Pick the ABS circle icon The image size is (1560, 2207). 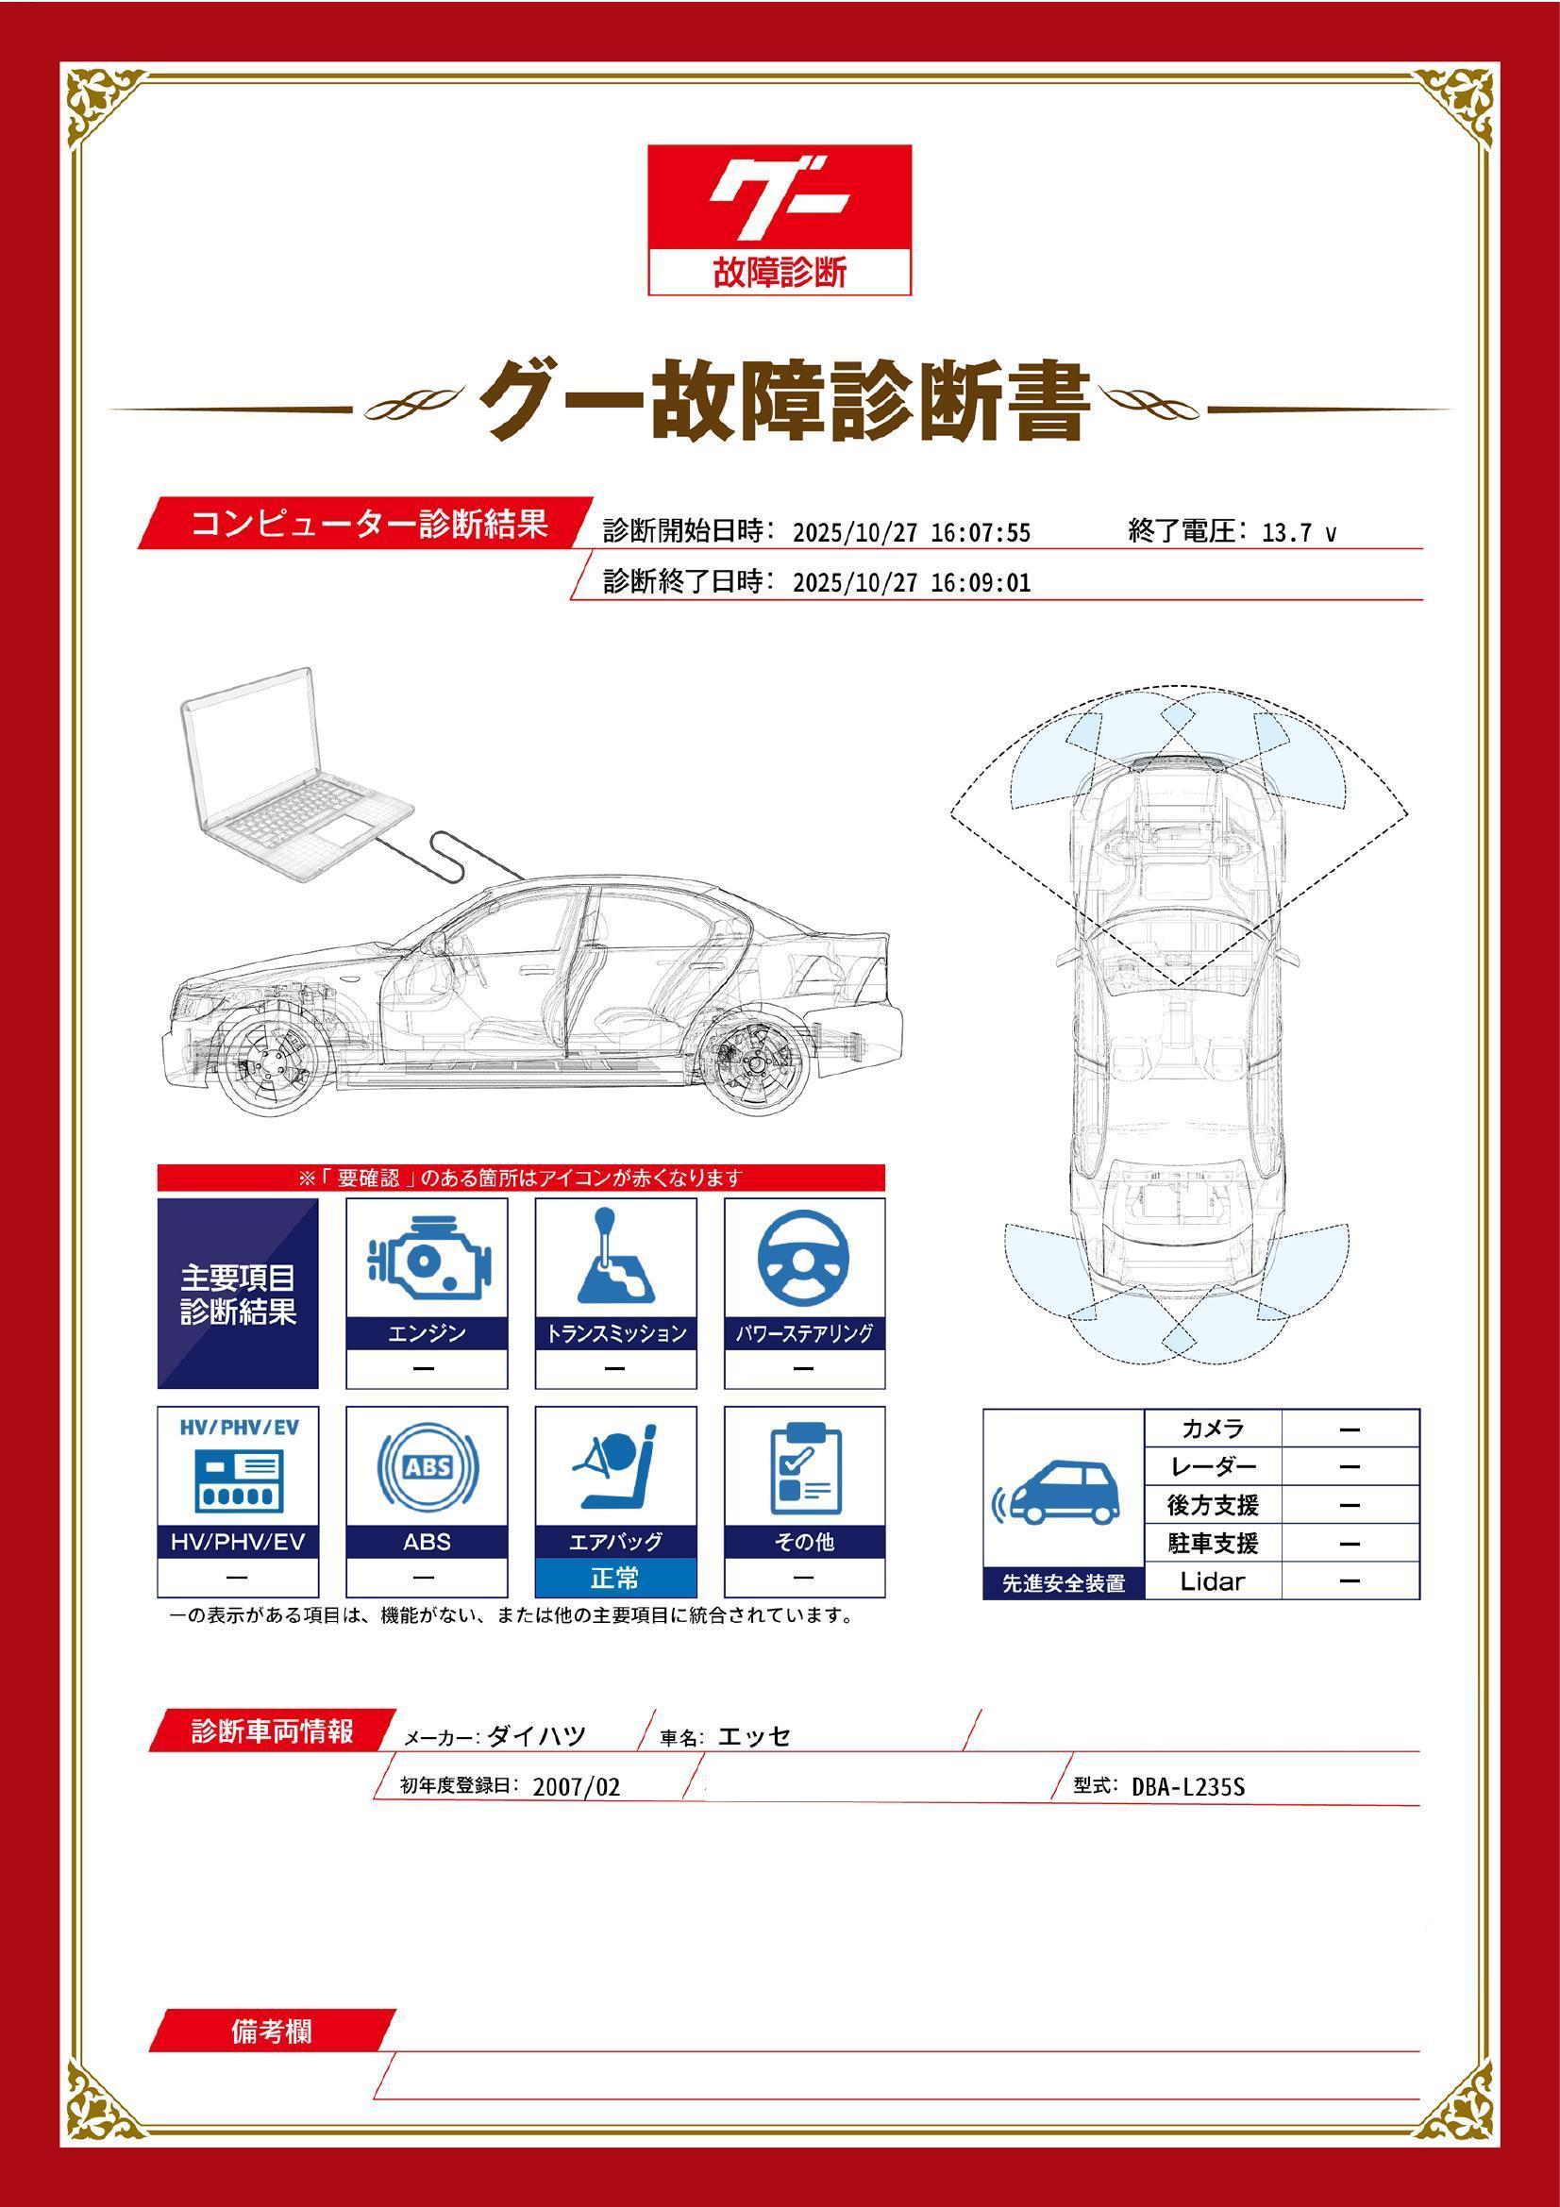(427, 1468)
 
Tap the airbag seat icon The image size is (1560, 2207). (615, 1468)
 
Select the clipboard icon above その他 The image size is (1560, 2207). (803, 1468)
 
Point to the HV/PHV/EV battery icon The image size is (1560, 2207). (238, 1480)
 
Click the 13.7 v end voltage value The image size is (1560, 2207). (1298, 533)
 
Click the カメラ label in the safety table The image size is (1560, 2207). (1212, 1429)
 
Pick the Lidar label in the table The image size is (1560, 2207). (1212, 1581)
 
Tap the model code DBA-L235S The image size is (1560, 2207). (1188, 1787)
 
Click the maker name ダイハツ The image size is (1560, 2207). (536, 1736)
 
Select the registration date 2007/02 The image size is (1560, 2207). (576, 1788)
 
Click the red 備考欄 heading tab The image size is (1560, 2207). (272, 2031)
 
